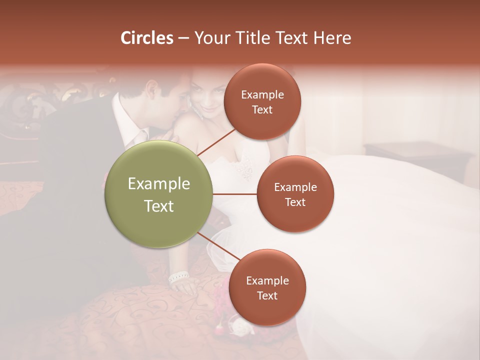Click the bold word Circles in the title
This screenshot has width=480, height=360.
click(146, 38)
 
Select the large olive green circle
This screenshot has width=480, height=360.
click(159, 194)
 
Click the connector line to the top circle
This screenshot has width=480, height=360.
click(216, 141)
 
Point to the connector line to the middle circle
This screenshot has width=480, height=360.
click(235, 194)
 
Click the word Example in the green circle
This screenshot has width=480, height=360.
click(159, 183)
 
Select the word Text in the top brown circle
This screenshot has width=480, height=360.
click(262, 110)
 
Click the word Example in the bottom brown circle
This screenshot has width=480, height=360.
click(267, 280)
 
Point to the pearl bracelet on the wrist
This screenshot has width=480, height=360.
click(178, 276)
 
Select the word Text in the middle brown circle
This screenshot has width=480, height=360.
click(295, 202)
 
